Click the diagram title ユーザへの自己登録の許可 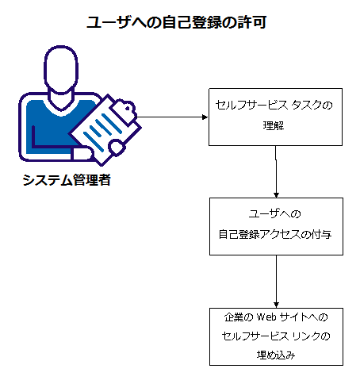(175, 23)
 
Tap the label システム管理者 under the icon (67, 181)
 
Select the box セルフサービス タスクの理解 (275, 116)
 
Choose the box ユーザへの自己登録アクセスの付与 (275, 226)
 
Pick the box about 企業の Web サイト (275, 336)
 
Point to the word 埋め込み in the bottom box (275, 355)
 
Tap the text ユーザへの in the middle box (275, 216)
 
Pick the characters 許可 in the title (251, 23)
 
